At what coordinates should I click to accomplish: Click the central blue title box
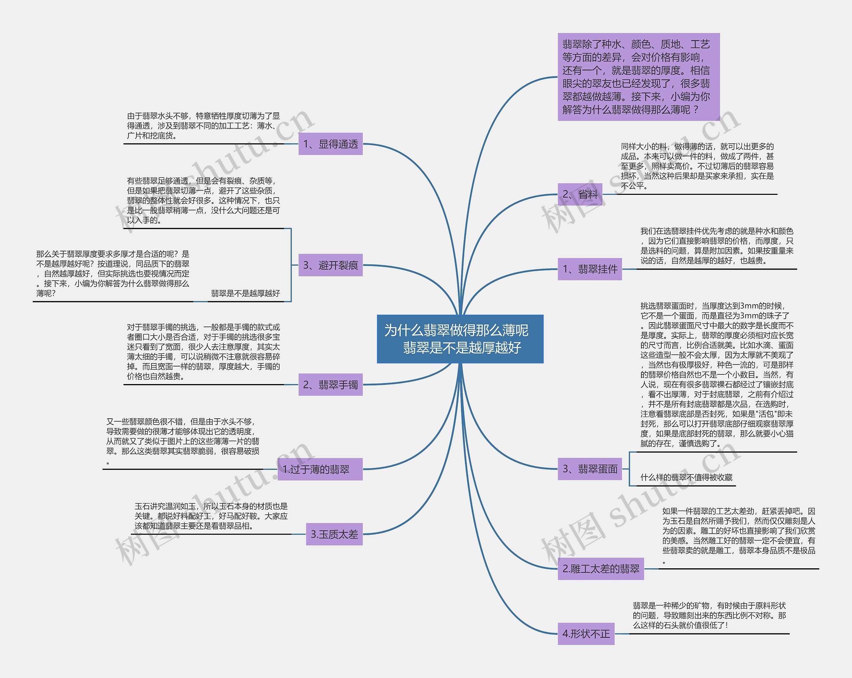460,339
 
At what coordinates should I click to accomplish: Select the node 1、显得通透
330,144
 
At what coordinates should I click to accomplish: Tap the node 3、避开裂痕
330,265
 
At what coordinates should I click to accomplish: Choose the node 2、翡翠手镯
330,385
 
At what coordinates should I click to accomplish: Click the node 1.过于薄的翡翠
320,469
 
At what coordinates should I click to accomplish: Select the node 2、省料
580,194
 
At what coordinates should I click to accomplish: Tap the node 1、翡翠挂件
590,269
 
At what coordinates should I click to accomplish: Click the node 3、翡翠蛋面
590,469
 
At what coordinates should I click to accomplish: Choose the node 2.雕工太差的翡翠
601,569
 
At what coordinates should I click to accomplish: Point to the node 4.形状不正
586,634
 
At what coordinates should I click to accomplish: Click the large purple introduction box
639,77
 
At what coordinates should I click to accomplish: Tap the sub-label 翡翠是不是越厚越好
245,293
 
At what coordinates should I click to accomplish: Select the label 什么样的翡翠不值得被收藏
686,477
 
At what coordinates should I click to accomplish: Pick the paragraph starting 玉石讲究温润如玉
211,516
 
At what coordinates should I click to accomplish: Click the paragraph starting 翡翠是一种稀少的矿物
709,615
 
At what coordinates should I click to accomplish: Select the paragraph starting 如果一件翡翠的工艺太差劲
739,535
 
